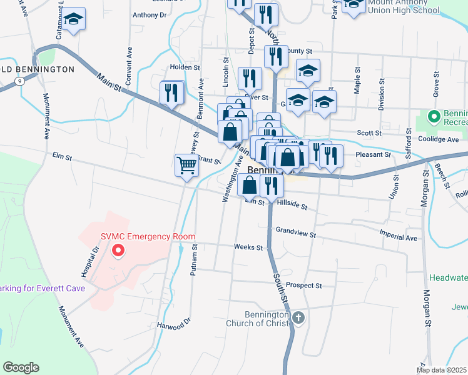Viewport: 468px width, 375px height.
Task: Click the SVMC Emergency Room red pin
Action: coord(117,252)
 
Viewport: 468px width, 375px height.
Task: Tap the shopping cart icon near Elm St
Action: coord(186,166)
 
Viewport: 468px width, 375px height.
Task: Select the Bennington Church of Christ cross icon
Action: coord(298,318)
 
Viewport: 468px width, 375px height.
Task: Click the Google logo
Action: coord(21,367)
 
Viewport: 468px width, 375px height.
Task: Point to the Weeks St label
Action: coord(248,247)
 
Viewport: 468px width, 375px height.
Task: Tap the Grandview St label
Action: coord(295,232)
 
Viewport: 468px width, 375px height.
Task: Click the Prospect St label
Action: coord(303,286)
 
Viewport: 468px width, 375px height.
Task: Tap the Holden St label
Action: coord(185,67)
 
